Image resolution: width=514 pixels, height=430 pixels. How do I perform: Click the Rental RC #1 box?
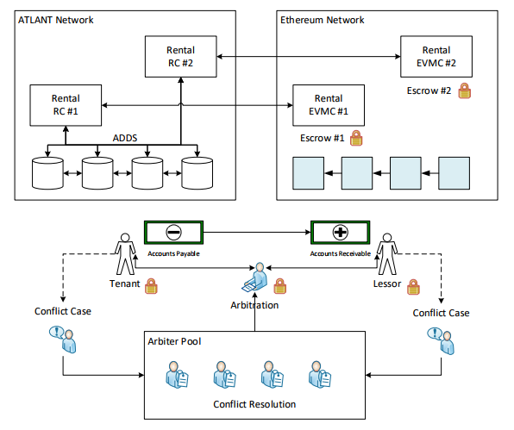click(66, 105)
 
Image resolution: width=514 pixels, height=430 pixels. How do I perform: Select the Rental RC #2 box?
click(180, 57)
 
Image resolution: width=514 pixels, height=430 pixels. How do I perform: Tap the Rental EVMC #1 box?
click(329, 105)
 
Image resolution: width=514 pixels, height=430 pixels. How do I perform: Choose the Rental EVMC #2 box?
click(436, 57)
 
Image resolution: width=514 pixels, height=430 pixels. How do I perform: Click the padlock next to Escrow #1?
click(356, 138)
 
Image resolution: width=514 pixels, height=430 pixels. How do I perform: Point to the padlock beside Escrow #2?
click(465, 90)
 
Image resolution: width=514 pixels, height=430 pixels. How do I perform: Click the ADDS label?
click(125, 138)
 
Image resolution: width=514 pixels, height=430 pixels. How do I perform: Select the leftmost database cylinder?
click(47, 173)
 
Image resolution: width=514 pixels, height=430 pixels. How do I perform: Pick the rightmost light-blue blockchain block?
click(454, 173)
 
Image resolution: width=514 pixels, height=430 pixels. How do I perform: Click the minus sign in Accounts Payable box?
click(173, 232)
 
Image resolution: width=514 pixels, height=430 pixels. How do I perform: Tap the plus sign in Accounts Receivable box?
click(341, 232)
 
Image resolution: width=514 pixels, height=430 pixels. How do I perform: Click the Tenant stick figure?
click(125, 254)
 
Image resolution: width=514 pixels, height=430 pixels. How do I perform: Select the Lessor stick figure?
click(387, 254)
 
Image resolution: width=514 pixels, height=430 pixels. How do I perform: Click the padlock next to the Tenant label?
click(151, 286)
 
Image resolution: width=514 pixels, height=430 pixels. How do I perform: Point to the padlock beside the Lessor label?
click(413, 287)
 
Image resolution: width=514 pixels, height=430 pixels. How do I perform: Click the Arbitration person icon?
click(255, 277)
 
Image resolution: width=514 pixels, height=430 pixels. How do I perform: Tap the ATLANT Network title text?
click(56, 20)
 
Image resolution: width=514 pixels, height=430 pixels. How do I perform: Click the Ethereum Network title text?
click(323, 20)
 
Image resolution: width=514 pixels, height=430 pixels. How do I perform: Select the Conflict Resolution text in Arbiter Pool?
click(254, 404)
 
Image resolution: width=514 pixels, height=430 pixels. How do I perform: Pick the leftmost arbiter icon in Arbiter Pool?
click(177, 375)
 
